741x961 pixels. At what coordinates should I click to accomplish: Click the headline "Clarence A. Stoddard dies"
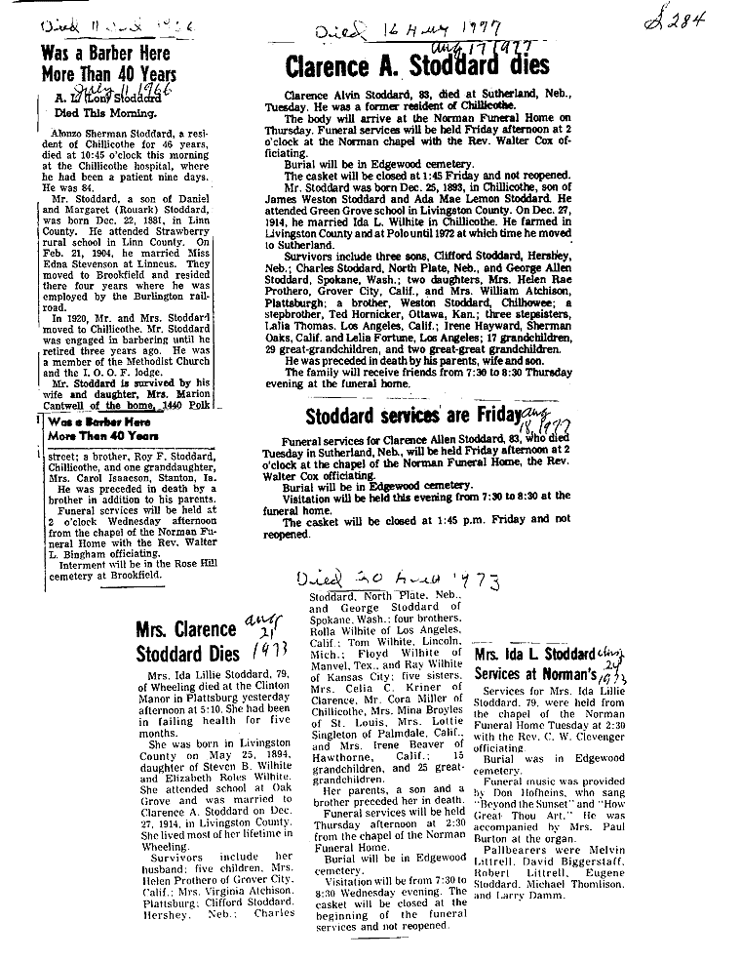(416, 66)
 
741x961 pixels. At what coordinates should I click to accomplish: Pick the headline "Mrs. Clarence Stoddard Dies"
(185, 639)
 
